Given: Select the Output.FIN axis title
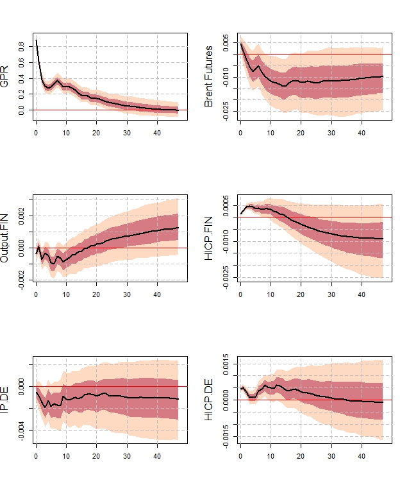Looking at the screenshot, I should pos(5,239).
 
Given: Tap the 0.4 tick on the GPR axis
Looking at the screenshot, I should pos(22,79).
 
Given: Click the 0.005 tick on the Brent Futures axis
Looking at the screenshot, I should pos(226,43).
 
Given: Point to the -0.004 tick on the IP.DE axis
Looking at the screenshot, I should pos(22,430).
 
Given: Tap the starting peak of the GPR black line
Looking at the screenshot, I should pos(36,40).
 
